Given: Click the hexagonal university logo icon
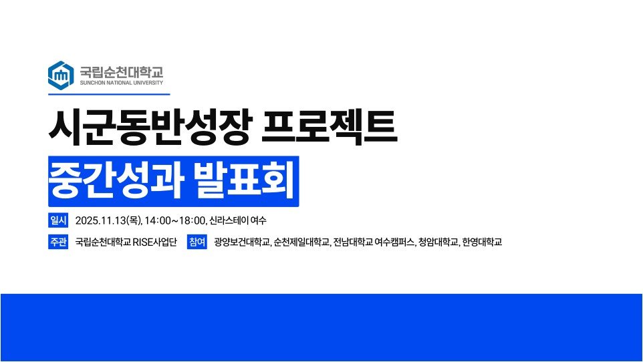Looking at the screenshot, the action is point(61,75).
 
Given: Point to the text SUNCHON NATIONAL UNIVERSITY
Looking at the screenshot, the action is point(122,83).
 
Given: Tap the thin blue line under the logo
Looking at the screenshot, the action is point(109,94).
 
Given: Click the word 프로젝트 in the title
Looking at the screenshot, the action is point(330,127).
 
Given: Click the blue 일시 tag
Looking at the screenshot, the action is point(58,220).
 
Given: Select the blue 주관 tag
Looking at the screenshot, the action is point(58,242).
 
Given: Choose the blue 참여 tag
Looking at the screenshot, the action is point(197,242).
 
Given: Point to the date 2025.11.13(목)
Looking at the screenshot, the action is point(108,220).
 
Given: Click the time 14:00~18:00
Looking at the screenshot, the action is point(174,220).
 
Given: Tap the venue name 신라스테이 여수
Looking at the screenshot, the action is point(238,220).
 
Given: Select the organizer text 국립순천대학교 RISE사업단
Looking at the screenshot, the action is point(126,242).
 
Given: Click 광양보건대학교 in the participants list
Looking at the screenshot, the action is point(243,242).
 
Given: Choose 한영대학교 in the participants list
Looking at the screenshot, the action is point(483,242).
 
